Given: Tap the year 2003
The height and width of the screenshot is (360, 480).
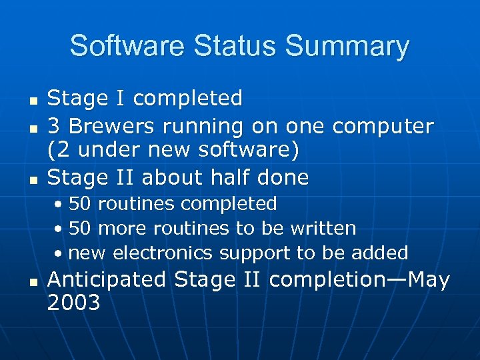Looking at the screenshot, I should click(x=73, y=303).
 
